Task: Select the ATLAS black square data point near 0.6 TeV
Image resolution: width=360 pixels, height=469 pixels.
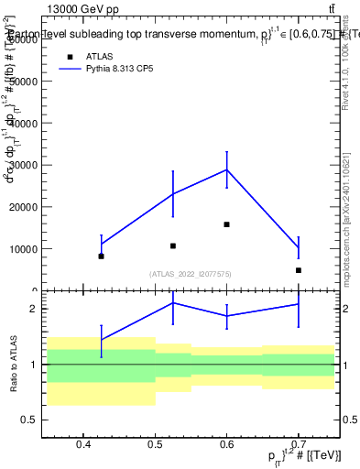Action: click(226, 224)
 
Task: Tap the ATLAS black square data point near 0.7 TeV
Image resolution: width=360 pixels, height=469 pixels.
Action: click(299, 270)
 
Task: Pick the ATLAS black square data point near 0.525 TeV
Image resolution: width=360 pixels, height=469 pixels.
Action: click(172, 245)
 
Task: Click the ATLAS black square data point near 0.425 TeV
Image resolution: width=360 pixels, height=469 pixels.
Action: click(101, 256)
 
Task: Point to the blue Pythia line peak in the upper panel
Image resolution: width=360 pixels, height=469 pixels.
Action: click(226, 169)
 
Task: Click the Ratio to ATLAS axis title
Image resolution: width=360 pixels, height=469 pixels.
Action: click(13, 364)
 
